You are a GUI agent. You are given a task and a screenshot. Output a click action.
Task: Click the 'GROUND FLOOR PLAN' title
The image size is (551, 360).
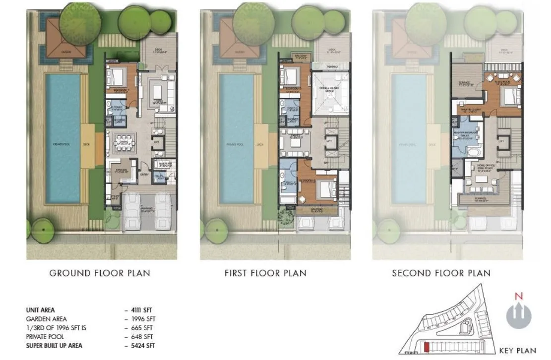(99, 273)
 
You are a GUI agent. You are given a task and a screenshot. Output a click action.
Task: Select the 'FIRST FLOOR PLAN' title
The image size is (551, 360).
(265, 273)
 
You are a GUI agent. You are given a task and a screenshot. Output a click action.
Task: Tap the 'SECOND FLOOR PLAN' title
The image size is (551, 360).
(441, 273)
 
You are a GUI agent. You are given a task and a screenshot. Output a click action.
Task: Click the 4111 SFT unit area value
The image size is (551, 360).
(142, 310)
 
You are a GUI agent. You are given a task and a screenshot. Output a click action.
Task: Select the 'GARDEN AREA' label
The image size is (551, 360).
(46, 319)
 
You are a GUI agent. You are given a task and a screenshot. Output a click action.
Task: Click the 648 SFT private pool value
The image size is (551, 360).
(141, 337)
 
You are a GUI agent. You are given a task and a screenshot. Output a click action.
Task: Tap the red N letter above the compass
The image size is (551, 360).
(519, 297)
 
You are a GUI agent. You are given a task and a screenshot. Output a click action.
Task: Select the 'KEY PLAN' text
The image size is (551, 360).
(518, 351)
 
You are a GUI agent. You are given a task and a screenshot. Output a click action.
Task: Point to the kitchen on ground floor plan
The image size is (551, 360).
(121, 171)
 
